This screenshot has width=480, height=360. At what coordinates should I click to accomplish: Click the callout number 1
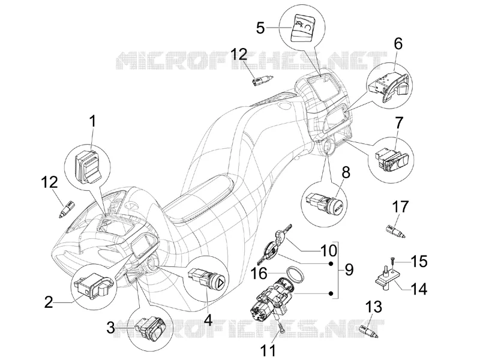(x=92, y=122)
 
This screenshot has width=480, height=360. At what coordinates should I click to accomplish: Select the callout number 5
(x=260, y=28)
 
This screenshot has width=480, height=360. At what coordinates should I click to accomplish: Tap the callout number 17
(x=400, y=207)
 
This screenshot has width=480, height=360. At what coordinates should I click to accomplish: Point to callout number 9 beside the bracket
(x=349, y=269)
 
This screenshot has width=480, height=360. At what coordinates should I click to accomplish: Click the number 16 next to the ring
(x=259, y=274)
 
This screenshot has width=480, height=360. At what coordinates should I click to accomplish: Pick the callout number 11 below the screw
(x=268, y=350)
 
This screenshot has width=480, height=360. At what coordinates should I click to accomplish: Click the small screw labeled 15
(x=393, y=261)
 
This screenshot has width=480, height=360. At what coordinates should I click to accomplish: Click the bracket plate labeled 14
(x=386, y=277)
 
